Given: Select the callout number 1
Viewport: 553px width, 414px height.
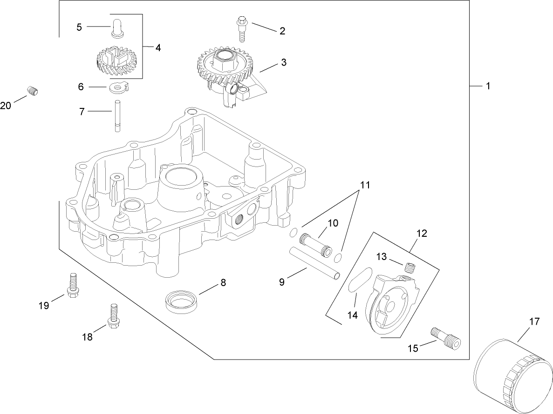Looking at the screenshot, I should coord(488,86).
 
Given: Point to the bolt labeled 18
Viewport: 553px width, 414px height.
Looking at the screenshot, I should coord(112,316).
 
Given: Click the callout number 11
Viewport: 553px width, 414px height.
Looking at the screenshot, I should coord(364,185).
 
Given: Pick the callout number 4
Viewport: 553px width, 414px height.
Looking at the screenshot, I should coord(158,47).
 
